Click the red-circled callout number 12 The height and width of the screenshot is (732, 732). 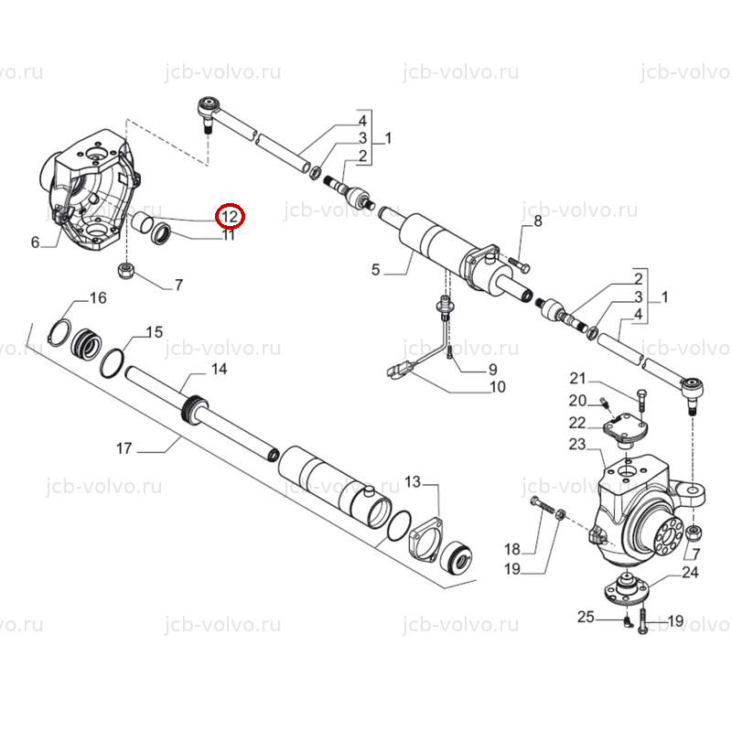(x=230, y=217)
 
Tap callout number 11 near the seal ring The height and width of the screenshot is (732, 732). (x=228, y=235)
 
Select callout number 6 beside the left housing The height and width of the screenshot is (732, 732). (x=35, y=242)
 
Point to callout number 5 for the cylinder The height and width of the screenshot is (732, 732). (x=376, y=269)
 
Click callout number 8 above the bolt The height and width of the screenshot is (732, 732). (x=538, y=221)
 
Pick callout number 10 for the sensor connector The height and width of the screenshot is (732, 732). (x=498, y=387)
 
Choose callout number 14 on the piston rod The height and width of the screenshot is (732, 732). (x=219, y=369)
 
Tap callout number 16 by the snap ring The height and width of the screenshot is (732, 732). (x=98, y=297)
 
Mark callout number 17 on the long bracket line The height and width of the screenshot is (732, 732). (x=124, y=448)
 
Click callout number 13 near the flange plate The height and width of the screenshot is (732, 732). (x=413, y=481)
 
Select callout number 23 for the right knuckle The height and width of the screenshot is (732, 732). (x=577, y=444)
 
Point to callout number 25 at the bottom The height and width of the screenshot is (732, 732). (x=586, y=617)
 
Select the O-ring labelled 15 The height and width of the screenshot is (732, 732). (x=112, y=363)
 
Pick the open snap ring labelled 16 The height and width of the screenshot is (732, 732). (x=60, y=332)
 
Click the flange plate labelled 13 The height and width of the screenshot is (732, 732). (x=425, y=538)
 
